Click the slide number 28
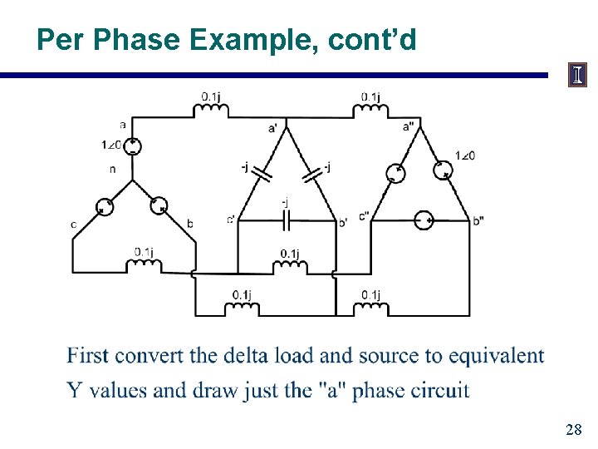pyautogui.click(x=573, y=430)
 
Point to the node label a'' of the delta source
pyautogui.click(x=409, y=126)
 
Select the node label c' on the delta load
pyautogui.click(x=230, y=220)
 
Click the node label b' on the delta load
pyautogui.click(x=342, y=222)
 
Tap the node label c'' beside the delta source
pyautogui.click(x=365, y=218)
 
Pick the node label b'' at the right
pyautogui.click(x=478, y=220)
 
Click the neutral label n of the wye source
pyautogui.click(x=112, y=169)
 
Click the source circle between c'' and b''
pyautogui.click(x=424, y=220)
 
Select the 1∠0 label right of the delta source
pyautogui.click(x=465, y=155)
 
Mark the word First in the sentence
pyautogui.click(x=88, y=356)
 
